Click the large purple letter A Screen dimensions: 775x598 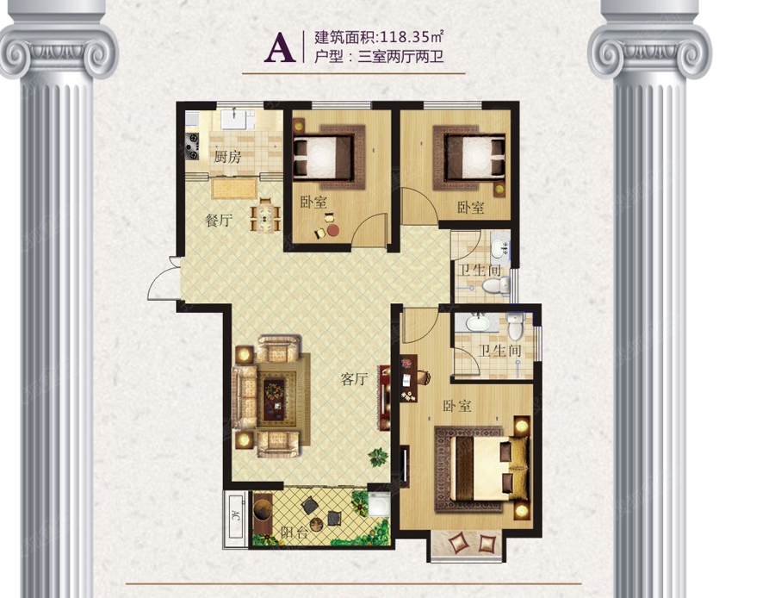point(280,47)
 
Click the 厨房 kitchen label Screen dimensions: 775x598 point(227,157)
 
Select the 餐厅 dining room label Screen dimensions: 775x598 point(219,220)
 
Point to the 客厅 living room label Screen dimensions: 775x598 point(355,379)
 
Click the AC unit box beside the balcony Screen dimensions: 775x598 point(235,519)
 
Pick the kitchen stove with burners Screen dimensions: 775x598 point(192,146)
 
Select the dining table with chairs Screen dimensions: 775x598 point(266,216)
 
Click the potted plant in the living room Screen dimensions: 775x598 point(379,457)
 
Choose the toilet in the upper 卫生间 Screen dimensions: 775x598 point(495,285)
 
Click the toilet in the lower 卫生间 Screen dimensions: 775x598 point(515,325)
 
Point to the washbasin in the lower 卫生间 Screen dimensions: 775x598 point(478,323)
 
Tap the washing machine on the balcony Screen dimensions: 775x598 point(379,505)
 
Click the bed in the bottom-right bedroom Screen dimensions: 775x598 point(489,469)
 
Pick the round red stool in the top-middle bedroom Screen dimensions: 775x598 point(333,230)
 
